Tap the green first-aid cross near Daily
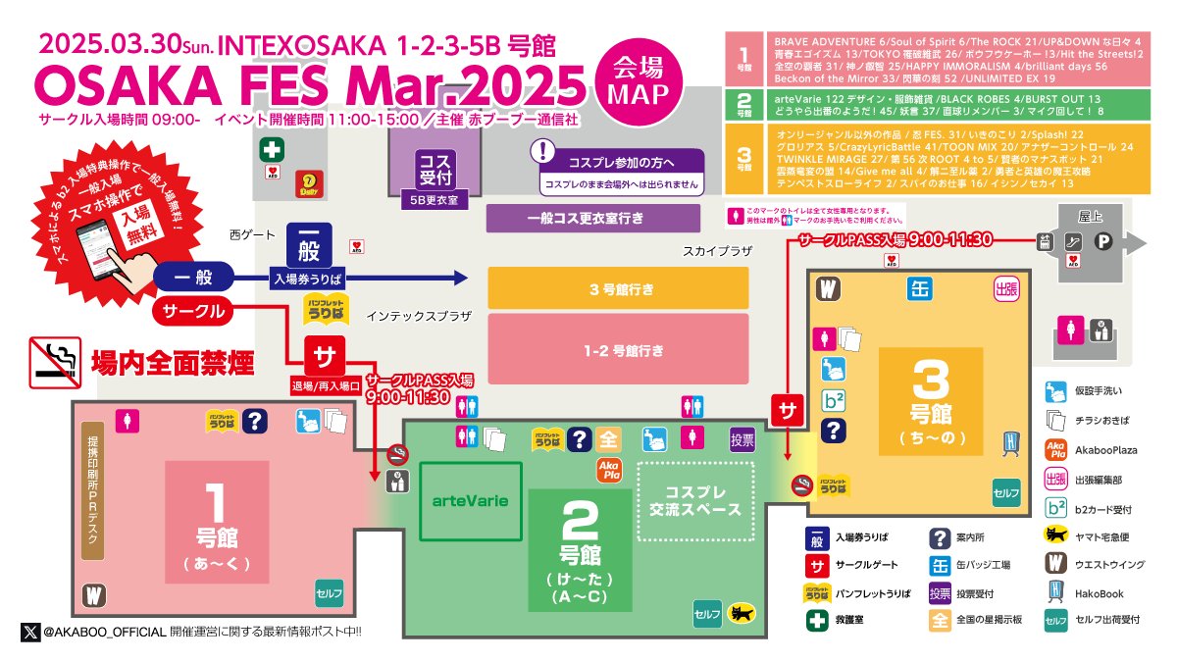270,152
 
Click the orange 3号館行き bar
618,289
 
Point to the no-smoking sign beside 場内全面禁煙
54,359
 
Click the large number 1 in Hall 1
218,500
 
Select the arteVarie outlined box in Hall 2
470,501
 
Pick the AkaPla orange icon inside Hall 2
609,470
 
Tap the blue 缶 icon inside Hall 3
919,289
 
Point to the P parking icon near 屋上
1102,243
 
